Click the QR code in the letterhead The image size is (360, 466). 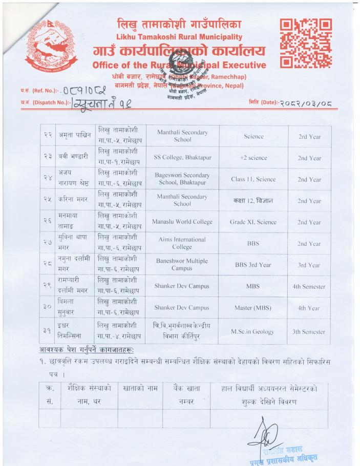click(x=305, y=44)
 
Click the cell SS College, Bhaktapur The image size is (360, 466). click(x=182, y=158)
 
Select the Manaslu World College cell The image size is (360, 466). click(x=182, y=222)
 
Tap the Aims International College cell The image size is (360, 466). click(x=182, y=243)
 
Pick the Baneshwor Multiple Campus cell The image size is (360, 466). click(x=182, y=265)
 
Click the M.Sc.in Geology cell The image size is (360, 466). click(x=253, y=332)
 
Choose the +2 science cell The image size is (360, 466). click(x=253, y=158)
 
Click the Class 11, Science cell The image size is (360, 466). click(x=253, y=179)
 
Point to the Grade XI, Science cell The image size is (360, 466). click(x=253, y=222)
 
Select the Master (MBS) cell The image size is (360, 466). click(x=253, y=308)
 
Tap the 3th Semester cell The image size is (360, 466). click(x=309, y=332)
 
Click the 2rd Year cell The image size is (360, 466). click(x=309, y=136)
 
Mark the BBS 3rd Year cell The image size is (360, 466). click(x=253, y=265)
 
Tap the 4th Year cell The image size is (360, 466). click(x=309, y=308)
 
